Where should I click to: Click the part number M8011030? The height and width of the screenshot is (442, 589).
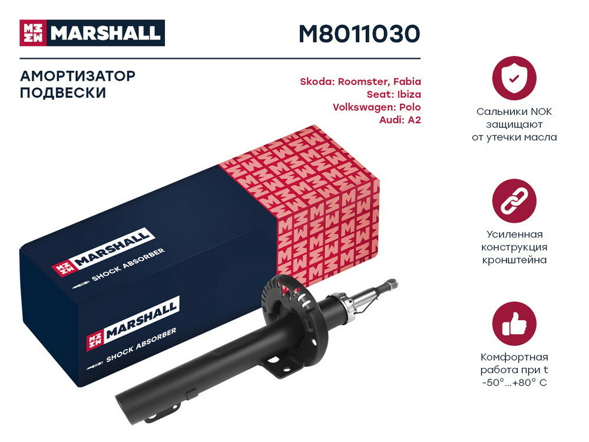(x=359, y=34)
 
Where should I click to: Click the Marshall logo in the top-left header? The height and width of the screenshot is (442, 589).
(x=92, y=33)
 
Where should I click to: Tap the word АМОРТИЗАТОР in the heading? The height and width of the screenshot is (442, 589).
(x=78, y=76)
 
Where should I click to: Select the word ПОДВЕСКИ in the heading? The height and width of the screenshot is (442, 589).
(x=63, y=93)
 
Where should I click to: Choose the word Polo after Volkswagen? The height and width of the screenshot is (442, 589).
(x=409, y=107)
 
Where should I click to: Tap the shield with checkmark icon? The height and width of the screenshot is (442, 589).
(x=514, y=78)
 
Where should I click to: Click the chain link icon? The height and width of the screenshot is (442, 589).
(x=514, y=202)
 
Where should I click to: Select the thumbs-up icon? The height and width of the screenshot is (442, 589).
(x=514, y=324)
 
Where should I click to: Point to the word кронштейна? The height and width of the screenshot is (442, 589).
(x=514, y=260)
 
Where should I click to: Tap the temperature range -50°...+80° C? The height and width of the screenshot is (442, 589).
(x=514, y=383)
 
